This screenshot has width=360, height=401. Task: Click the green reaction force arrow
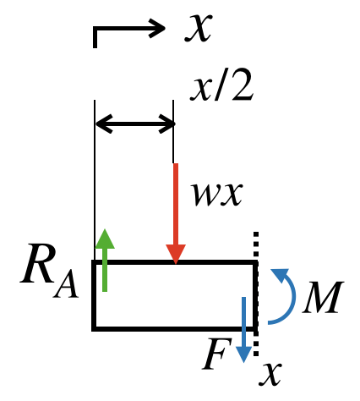[x=105, y=260]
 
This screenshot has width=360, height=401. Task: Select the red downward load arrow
[x=176, y=213]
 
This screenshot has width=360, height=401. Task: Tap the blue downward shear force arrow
[x=243, y=329]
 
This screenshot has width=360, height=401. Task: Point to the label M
[x=323, y=297]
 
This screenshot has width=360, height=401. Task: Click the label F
[x=216, y=354]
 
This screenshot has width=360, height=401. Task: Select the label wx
[x=217, y=194]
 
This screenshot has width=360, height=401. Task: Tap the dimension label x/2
[x=221, y=85]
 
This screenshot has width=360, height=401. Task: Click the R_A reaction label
[x=49, y=272]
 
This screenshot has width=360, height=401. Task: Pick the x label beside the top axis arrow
[x=198, y=28]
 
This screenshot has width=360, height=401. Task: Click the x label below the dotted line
[x=270, y=374]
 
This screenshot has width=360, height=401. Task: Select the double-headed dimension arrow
[x=135, y=124]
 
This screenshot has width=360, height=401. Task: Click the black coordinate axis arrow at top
[x=129, y=28]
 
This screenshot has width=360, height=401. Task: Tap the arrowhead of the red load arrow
[x=176, y=255]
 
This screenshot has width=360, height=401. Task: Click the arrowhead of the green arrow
[x=105, y=239]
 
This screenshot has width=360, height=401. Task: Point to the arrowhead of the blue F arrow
[x=243, y=354]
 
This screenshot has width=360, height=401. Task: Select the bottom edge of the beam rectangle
[x=175, y=328]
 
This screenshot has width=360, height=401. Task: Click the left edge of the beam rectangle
[x=94, y=295]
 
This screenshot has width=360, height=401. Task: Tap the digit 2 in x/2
[x=243, y=85]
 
